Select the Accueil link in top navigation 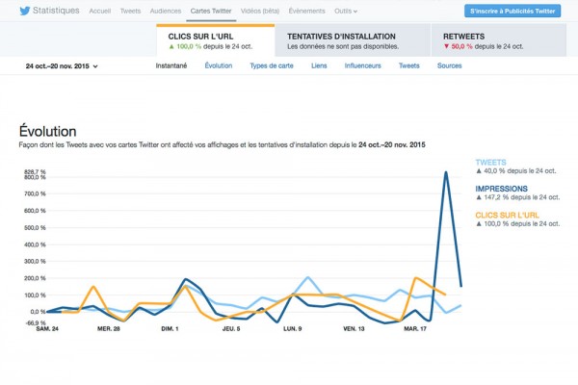99,11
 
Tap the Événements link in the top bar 306,11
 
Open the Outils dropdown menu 346,11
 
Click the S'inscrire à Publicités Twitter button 512,11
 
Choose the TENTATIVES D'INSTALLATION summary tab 352,40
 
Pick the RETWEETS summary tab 496,40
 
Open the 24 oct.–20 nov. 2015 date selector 62,66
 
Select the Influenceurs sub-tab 363,66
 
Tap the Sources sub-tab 449,66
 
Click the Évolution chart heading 48,130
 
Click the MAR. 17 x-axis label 415,328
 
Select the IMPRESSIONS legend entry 502,189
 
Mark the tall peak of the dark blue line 445,172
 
